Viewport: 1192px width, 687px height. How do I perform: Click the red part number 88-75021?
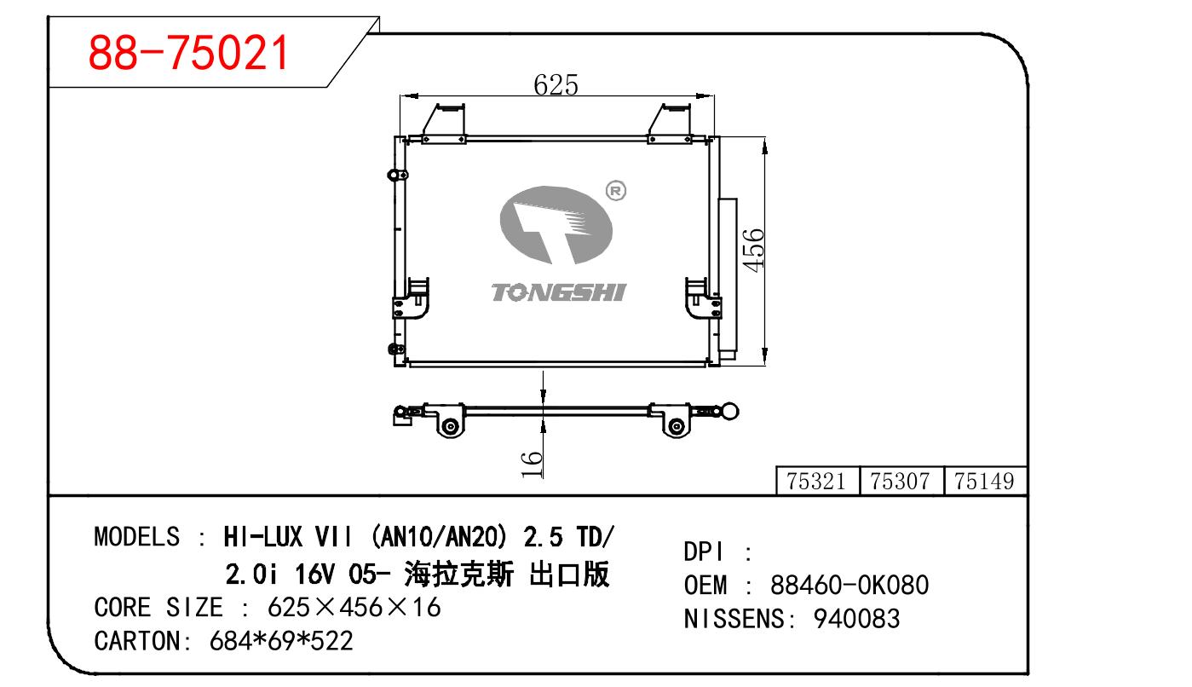[x=188, y=52]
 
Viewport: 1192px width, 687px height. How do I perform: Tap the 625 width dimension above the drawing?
[x=556, y=84]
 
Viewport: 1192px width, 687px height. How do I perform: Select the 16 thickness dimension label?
[x=532, y=464]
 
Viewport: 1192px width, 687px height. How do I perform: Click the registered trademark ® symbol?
[x=616, y=191]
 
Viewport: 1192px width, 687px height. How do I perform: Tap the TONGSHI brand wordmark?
[x=558, y=292]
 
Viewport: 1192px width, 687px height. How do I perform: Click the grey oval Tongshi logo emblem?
[x=556, y=224]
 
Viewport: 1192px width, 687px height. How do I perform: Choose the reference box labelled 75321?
[x=818, y=481]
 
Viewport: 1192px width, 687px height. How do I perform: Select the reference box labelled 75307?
[x=901, y=481]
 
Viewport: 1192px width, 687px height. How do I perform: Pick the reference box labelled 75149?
[x=985, y=481]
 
